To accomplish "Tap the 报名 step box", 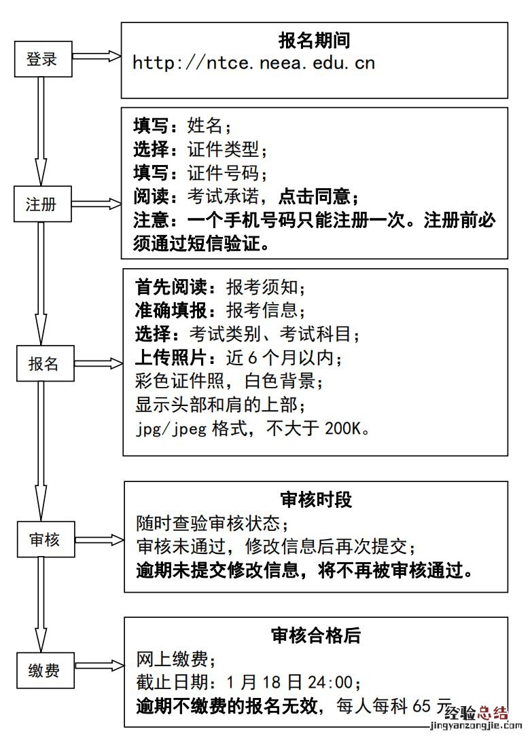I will (x=44, y=363).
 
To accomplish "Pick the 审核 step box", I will (x=45, y=540).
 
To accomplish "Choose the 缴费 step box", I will (x=45, y=670).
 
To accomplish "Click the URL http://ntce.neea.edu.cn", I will (x=254, y=63).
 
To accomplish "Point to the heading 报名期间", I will (x=314, y=41).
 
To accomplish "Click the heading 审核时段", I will (x=316, y=500).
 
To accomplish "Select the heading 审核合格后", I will (x=316, y=635).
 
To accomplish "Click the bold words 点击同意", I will (x=313, y=197).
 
